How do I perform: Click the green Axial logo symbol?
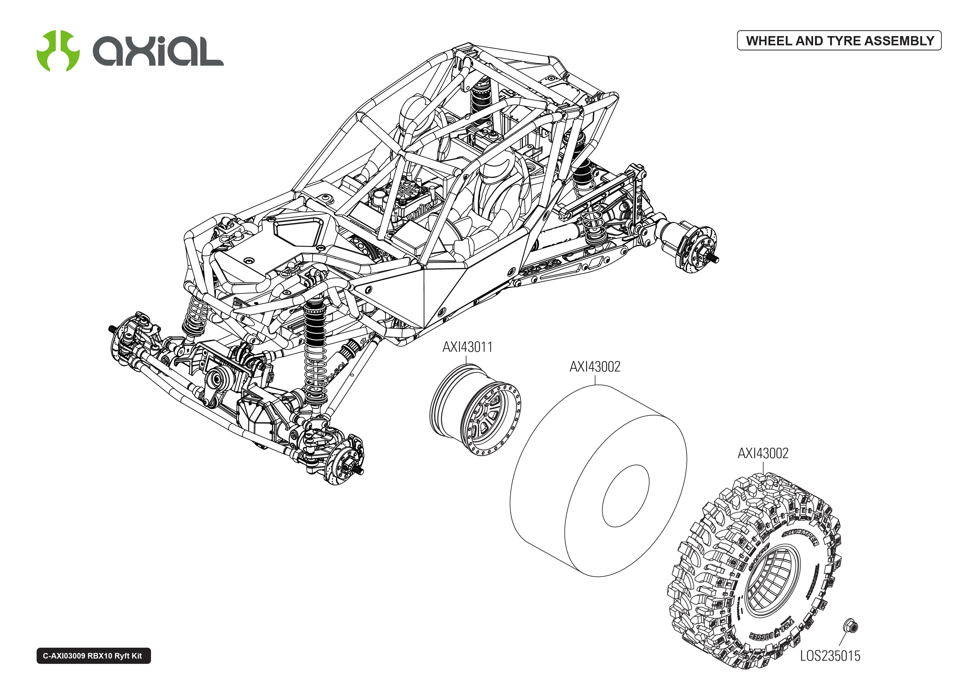click(x=58, y=51)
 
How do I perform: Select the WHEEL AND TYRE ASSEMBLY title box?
click(x=839, y=41)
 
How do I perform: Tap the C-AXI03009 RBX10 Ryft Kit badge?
click(x=93, y=655)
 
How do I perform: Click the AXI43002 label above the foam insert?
click(x=594, y=367)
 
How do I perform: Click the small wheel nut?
click(x=850, y=626)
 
